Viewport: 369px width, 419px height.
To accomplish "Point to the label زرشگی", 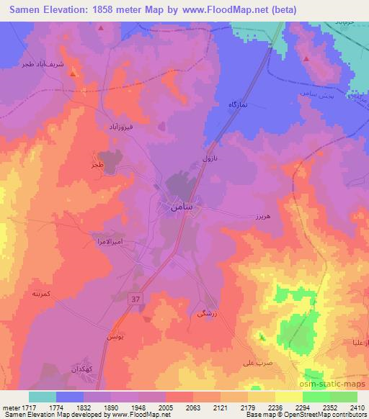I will coord(205,315).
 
